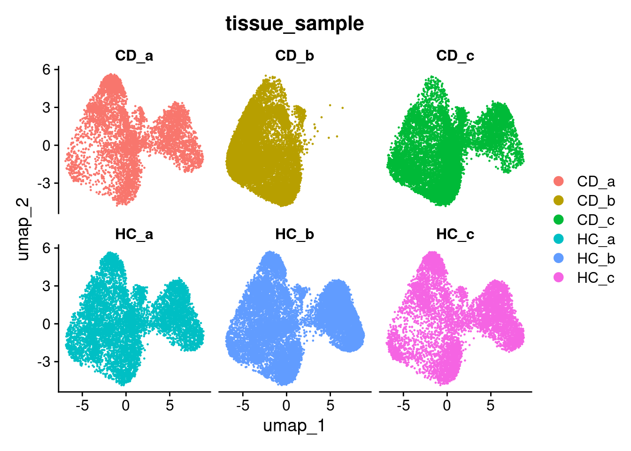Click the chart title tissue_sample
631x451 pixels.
(x=294, y=23)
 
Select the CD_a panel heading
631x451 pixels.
(x=134, y=56)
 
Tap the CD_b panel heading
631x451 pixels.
(x=294, y=56)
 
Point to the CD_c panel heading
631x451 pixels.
(x=455, y=56)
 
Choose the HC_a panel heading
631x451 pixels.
(x=134, y=234)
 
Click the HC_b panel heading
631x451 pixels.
(x=294, y=234)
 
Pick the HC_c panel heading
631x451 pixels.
(x=455, y=234)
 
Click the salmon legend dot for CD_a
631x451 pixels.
(x=559, y=181)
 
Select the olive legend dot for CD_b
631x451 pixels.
(x=559, y=201)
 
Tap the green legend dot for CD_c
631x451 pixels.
(x=559, y=220)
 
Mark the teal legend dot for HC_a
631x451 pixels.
(x=559, y=239)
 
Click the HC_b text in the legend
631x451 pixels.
(x=596, y=258)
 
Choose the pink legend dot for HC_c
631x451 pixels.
(x=559, y=278)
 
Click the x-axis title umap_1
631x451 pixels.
(x=294, y=426)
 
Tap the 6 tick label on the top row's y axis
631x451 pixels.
(x=46, y=70)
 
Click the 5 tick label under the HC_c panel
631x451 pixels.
(x=491, y=405)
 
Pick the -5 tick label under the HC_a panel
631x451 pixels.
(x=82, y=405)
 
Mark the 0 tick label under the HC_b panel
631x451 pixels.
(x=286, y=405)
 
